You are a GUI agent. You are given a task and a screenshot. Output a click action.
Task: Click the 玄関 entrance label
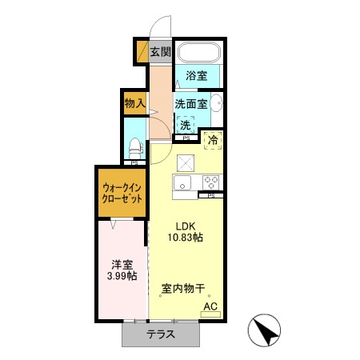[x=161, y=52]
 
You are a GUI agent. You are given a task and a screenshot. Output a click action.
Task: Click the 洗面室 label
[x=192, y=104]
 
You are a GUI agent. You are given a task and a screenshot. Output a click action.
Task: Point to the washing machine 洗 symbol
[x=186, y=125]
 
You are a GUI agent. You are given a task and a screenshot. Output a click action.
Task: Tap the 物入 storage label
[x=134, y=103]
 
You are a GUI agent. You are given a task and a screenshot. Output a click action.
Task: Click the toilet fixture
[x=135, y=150]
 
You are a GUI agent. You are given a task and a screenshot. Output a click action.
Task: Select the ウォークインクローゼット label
[x=122, y=194]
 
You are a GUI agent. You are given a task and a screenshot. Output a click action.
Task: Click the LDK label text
[x=186, y=225]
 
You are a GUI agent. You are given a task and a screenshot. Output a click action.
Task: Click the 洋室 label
[x=122, y=264]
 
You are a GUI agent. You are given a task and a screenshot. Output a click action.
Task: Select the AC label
[x=210, y=306]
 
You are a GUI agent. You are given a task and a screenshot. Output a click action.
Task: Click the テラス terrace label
[x=160, y=335]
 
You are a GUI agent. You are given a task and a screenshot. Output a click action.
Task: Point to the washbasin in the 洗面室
[x=218, y=106]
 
